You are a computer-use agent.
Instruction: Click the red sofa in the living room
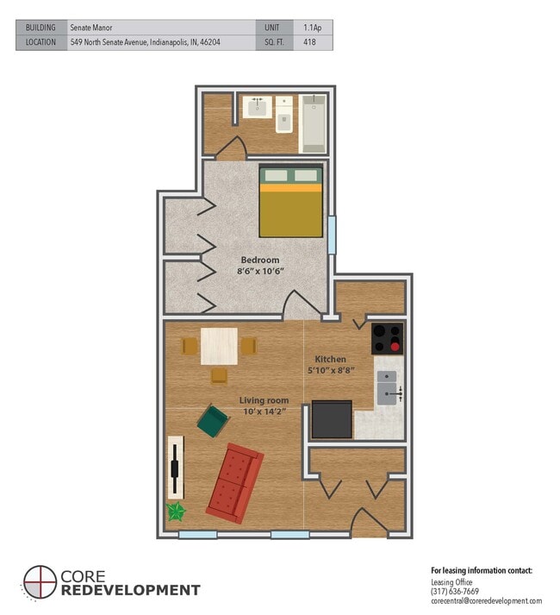(234, 483)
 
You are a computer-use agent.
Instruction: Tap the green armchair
(213, 422)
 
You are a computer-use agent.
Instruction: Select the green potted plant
(177, 511)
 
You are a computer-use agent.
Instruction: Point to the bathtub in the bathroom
(313, 125)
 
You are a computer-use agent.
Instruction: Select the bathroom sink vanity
(255, 108)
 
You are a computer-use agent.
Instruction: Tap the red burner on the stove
(395, 347)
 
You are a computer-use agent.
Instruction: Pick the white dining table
(219, 346)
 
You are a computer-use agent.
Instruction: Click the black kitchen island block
(332, 420)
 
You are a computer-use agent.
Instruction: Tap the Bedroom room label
(259, 260)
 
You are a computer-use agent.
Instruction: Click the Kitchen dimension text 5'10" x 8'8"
(331, 371)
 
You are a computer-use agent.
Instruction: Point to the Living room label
(264, 400)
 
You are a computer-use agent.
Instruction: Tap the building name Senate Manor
(91, 28)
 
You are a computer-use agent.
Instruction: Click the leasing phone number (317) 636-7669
(454, 591)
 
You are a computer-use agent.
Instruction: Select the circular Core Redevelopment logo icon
(40, 582)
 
